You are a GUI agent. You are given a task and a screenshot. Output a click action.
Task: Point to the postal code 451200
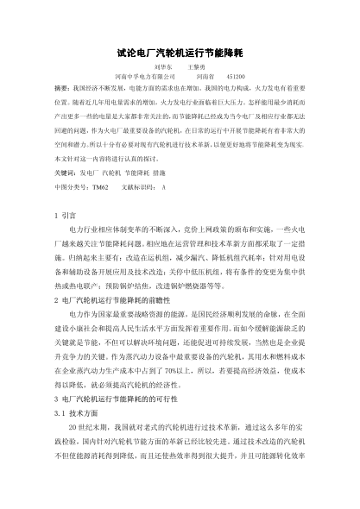tap(235, 77)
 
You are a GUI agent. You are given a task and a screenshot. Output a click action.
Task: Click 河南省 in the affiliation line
tap(200, 77)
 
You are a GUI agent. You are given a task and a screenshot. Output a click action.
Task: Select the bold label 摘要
tap(60, 88)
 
